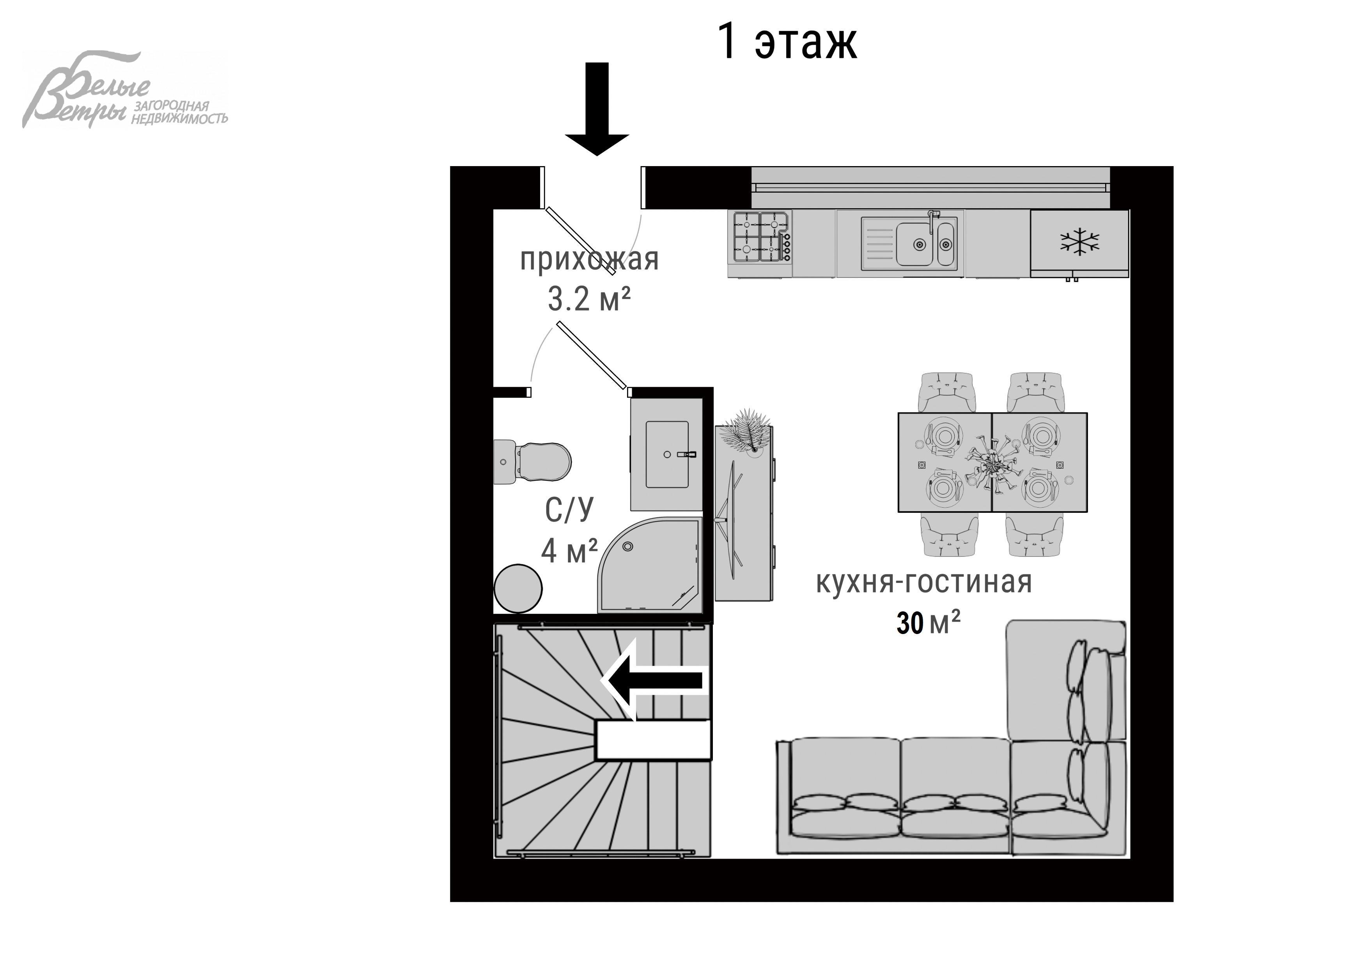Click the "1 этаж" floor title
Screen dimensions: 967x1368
point(787,42)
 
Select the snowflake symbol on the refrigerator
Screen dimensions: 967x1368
point(1079,242)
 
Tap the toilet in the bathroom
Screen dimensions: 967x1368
point(533,462)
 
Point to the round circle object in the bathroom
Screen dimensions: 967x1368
point(518,589)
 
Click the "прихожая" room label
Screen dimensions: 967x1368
point(589,260)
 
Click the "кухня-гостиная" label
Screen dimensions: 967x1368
point(923,582)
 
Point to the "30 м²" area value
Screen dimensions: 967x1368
point(928,623)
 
